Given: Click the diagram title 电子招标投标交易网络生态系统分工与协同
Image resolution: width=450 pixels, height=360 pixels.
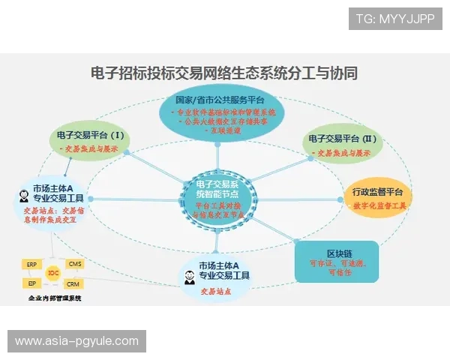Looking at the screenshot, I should pos(223,73).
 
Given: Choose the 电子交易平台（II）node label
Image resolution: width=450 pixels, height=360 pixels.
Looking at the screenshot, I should pos(340,139).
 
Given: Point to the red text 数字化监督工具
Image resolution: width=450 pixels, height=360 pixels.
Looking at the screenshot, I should pos(379,205).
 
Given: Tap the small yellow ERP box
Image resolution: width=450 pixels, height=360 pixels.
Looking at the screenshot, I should pos(31,265).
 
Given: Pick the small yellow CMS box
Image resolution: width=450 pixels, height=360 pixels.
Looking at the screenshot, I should pos(74,265).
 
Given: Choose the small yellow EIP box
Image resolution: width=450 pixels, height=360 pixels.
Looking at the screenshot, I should pos(31,283).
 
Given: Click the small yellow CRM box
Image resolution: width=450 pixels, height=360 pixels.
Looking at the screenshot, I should pos(73,284).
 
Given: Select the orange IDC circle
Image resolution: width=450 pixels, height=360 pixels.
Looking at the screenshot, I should pos(52,273).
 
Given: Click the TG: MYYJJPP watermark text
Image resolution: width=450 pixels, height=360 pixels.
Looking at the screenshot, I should pos(396,17).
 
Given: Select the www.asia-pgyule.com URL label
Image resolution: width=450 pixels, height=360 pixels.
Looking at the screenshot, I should pos(76,341).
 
